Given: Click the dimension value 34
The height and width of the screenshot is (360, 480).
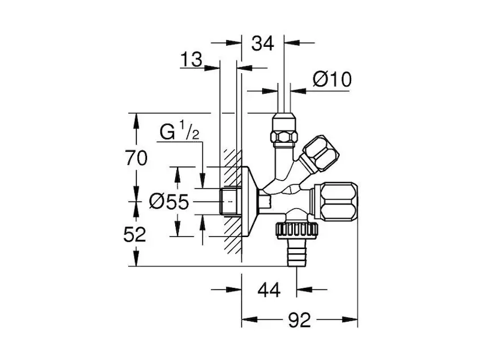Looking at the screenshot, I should click(x=263, y=43).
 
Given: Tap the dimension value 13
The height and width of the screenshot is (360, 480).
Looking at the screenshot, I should click(x=191, y=59).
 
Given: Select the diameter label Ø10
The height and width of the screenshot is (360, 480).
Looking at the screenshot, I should click(x=332, y=79).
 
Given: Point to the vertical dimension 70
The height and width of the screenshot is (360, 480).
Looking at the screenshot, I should click(x=137, y=158).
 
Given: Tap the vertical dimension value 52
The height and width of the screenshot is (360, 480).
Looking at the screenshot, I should click(x=137, y=234).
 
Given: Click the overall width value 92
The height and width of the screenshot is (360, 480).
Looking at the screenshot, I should click(x=299, y=320).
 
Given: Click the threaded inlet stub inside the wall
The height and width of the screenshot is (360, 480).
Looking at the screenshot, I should click(x=230, y=201).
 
